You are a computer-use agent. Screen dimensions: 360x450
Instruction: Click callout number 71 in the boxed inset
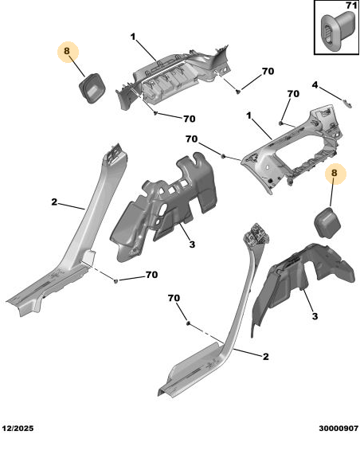point(350,6)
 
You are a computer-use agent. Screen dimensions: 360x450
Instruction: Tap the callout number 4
point(315,85)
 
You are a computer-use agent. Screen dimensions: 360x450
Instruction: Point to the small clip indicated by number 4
point(347,104)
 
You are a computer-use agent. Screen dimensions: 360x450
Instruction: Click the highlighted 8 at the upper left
point(67,51)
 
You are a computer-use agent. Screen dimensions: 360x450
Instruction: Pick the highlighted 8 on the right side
point(335,173)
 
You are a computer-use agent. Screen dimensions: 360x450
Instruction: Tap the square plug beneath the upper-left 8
point(92,88)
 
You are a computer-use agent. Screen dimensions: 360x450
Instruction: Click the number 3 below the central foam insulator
point(192,245)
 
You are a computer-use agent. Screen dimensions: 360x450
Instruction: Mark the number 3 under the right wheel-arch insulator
point(315,316)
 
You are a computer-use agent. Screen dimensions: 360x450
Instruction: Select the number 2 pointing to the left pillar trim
point(54,202)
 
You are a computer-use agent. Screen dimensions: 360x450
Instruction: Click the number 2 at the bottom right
point(266,357)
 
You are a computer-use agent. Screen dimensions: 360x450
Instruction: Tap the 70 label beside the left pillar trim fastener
point(152,275)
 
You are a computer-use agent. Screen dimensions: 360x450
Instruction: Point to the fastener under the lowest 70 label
point(188,323)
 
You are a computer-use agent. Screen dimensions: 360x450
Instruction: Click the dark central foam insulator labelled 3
point(162,207)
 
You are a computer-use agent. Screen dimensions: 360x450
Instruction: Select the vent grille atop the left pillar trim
point(115,152)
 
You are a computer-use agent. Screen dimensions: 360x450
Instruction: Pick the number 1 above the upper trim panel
point(133,37)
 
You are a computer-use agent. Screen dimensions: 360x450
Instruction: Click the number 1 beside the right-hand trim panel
point(248,115)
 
